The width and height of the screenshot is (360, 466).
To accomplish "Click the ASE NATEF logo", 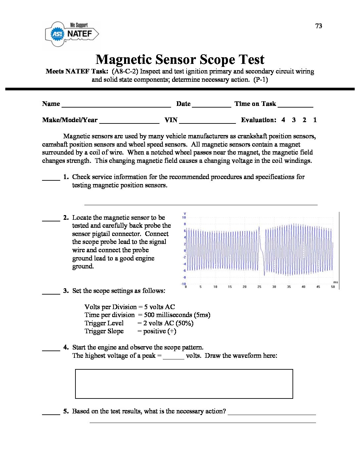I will pyautogui.click(x=72, y=34).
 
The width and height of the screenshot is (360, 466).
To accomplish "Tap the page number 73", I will pyautogui.click(x=319, y=26).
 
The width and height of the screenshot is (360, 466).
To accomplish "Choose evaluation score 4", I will pyautogui.click(x=283, y=120).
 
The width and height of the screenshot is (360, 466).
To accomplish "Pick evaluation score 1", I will pyautogui.click(x=315, y=120).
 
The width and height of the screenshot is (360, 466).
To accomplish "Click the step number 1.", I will pyautogui.click(x=66, y=177).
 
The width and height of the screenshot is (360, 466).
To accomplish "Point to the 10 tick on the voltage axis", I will pyautogui.click(x=184, y=217).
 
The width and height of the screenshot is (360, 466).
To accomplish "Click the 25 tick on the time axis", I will pyautogui.click(x=259, y=287).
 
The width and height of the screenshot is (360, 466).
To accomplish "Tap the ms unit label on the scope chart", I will pyautogui.click(x=336, y=282).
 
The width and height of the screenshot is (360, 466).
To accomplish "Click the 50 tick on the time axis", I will pyautogui.click(x=333, y=287).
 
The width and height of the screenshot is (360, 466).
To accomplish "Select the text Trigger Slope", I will pyautogui.click(x=104, y=331).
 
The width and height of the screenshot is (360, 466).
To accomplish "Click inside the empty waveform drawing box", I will pyautogui.click(x=184, y=384).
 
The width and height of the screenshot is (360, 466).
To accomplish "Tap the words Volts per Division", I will pyautogui.click(x=111, y=307).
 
